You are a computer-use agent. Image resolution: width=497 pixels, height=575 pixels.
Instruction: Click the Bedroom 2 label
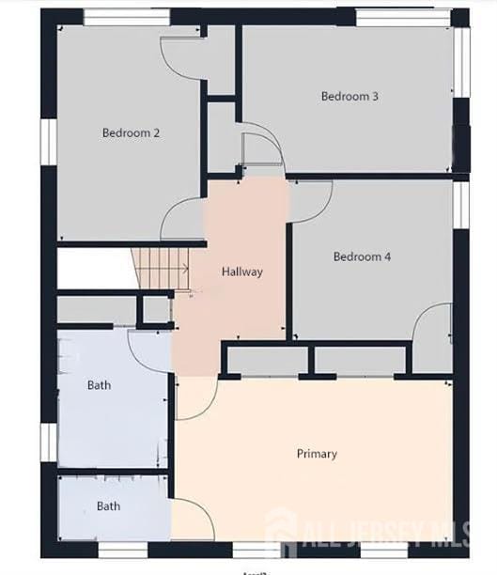tap(131, 133)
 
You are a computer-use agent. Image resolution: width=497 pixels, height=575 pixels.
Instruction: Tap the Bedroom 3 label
tap(349, 96)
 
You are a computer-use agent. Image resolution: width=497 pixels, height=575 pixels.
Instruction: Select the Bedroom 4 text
tap(362, 256)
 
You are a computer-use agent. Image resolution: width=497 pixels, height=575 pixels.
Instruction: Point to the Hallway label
tap(242, 272)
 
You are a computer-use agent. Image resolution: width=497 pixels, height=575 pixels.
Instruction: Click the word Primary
tap(317, 454)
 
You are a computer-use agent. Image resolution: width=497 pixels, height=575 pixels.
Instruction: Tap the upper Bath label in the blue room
tap(99, 385)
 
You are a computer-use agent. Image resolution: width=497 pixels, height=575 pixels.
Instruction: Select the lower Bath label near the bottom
tap(108, 506)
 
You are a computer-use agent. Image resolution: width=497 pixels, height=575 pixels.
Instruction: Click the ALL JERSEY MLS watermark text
tap(396, 535)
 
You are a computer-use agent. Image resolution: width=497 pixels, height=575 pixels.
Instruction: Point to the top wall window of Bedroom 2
tap(127, 17)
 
